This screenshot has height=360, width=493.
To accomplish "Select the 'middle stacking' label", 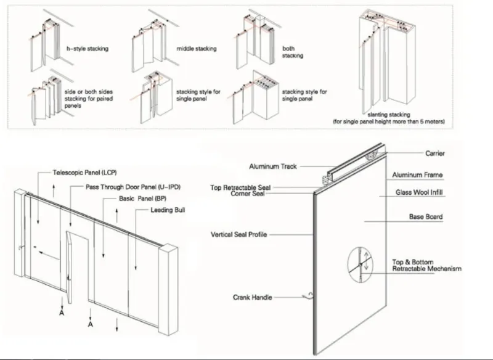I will click(196, 48).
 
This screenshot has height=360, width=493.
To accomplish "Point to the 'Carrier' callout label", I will click(435, 153).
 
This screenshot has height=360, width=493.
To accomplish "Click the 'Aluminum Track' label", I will click(273, 166).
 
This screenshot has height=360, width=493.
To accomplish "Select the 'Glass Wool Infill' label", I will click(419, 192).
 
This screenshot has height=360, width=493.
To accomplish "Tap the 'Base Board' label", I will click(425, 217).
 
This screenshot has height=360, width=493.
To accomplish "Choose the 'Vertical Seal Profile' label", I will click(240, 235).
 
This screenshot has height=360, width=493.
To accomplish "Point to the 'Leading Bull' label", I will click(168, 210).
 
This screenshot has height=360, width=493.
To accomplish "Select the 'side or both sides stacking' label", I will click(89, 95).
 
